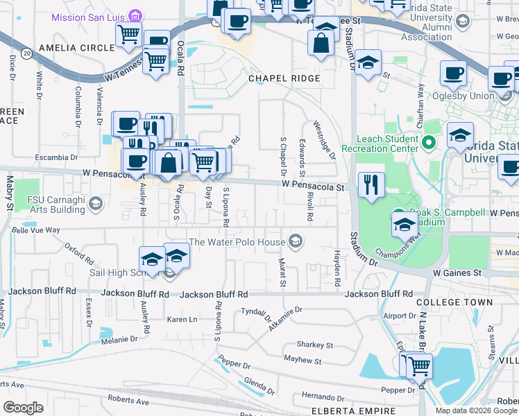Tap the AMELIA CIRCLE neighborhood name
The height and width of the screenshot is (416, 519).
click(76, 48)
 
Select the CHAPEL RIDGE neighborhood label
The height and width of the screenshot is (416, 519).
click(284, 79)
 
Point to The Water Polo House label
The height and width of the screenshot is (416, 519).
click(237, 242)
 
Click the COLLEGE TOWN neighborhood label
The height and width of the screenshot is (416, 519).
click(454, 303)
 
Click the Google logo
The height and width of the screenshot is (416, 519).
click(23, 408)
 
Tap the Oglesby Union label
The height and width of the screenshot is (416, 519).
click(463, 96)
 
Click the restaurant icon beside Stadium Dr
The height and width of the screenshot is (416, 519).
click(371, 184)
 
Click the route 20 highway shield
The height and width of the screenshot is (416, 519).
click(26, 53)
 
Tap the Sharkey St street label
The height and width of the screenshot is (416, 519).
click(315, 345)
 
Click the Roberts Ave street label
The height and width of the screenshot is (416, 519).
click(128, 401)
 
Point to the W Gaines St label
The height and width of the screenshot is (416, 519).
click(457, 273)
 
